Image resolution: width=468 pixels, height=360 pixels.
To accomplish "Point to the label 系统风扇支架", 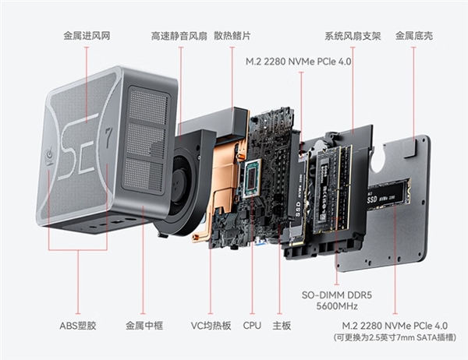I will pos(353,36).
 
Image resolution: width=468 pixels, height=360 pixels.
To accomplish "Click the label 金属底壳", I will pos(414,36).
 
